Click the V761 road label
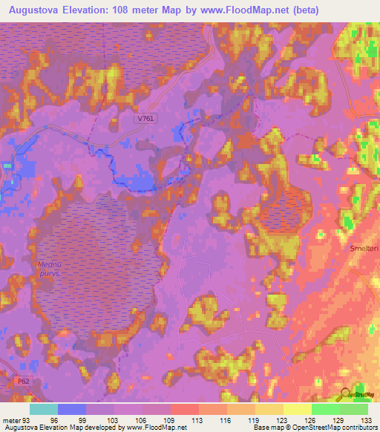coord(146,118)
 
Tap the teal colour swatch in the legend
coord(43,409)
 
